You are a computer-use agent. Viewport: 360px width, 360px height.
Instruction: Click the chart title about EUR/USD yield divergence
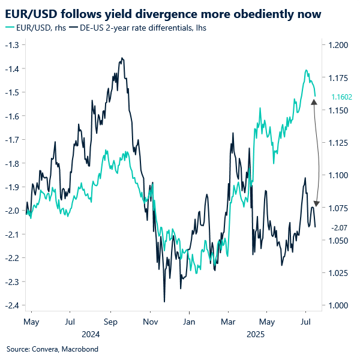click(x=163, y=13)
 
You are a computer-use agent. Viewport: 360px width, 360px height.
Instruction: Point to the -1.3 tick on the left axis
click(x=11, y=45)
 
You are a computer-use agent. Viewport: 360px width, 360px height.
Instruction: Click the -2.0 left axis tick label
click(x=11, y=211)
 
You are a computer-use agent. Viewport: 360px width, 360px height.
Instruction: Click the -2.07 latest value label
click(x=339, y=227)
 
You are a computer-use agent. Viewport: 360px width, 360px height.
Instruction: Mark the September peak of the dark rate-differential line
click(x=122, y=58)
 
